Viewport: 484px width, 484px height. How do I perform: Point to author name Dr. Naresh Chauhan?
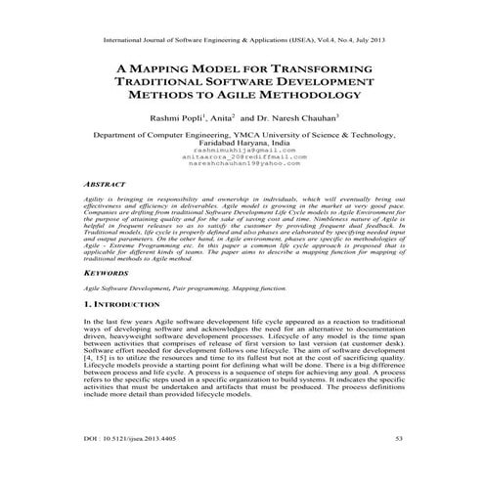click(299, 118)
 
